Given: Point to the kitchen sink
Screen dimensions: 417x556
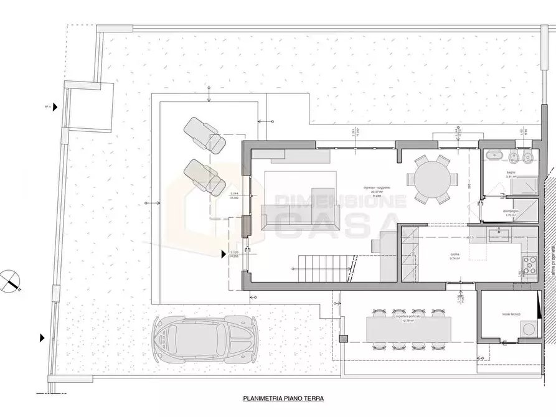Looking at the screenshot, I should [499, 235].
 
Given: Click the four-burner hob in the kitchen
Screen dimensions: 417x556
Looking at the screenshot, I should [530, 265].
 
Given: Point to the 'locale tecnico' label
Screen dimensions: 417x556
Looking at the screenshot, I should [511, 314].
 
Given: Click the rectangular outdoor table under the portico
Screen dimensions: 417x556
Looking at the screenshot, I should [408, 329].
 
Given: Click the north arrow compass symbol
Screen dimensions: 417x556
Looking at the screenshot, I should [11, 279].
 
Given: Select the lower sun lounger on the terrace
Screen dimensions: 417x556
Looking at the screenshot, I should [206, 176].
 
